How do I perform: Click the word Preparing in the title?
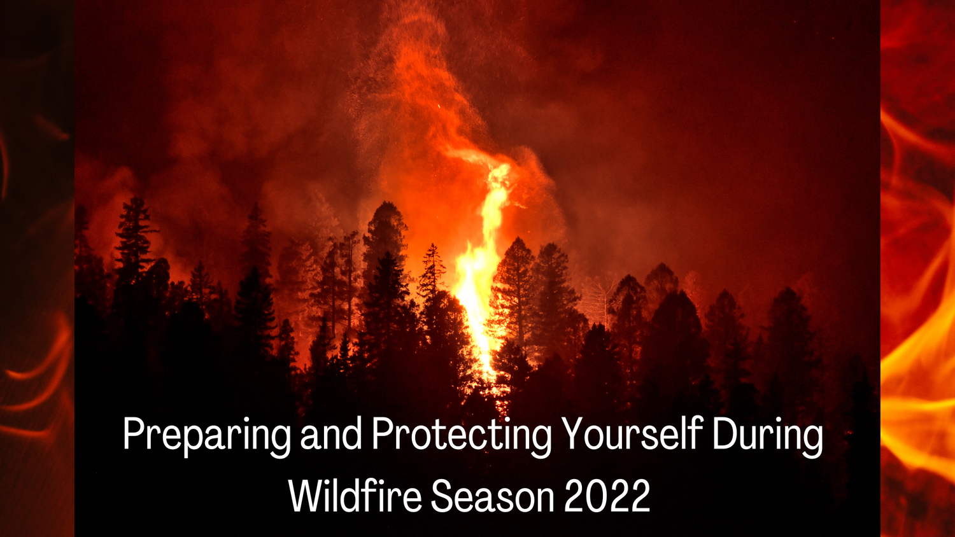(206, 436)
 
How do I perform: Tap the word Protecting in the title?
(462, 436)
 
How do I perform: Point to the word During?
(767, 436)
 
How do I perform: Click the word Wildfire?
(355, 496)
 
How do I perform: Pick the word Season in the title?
(492, 496)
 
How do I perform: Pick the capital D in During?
(724, 434)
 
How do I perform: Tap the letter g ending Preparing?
(280, 439)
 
